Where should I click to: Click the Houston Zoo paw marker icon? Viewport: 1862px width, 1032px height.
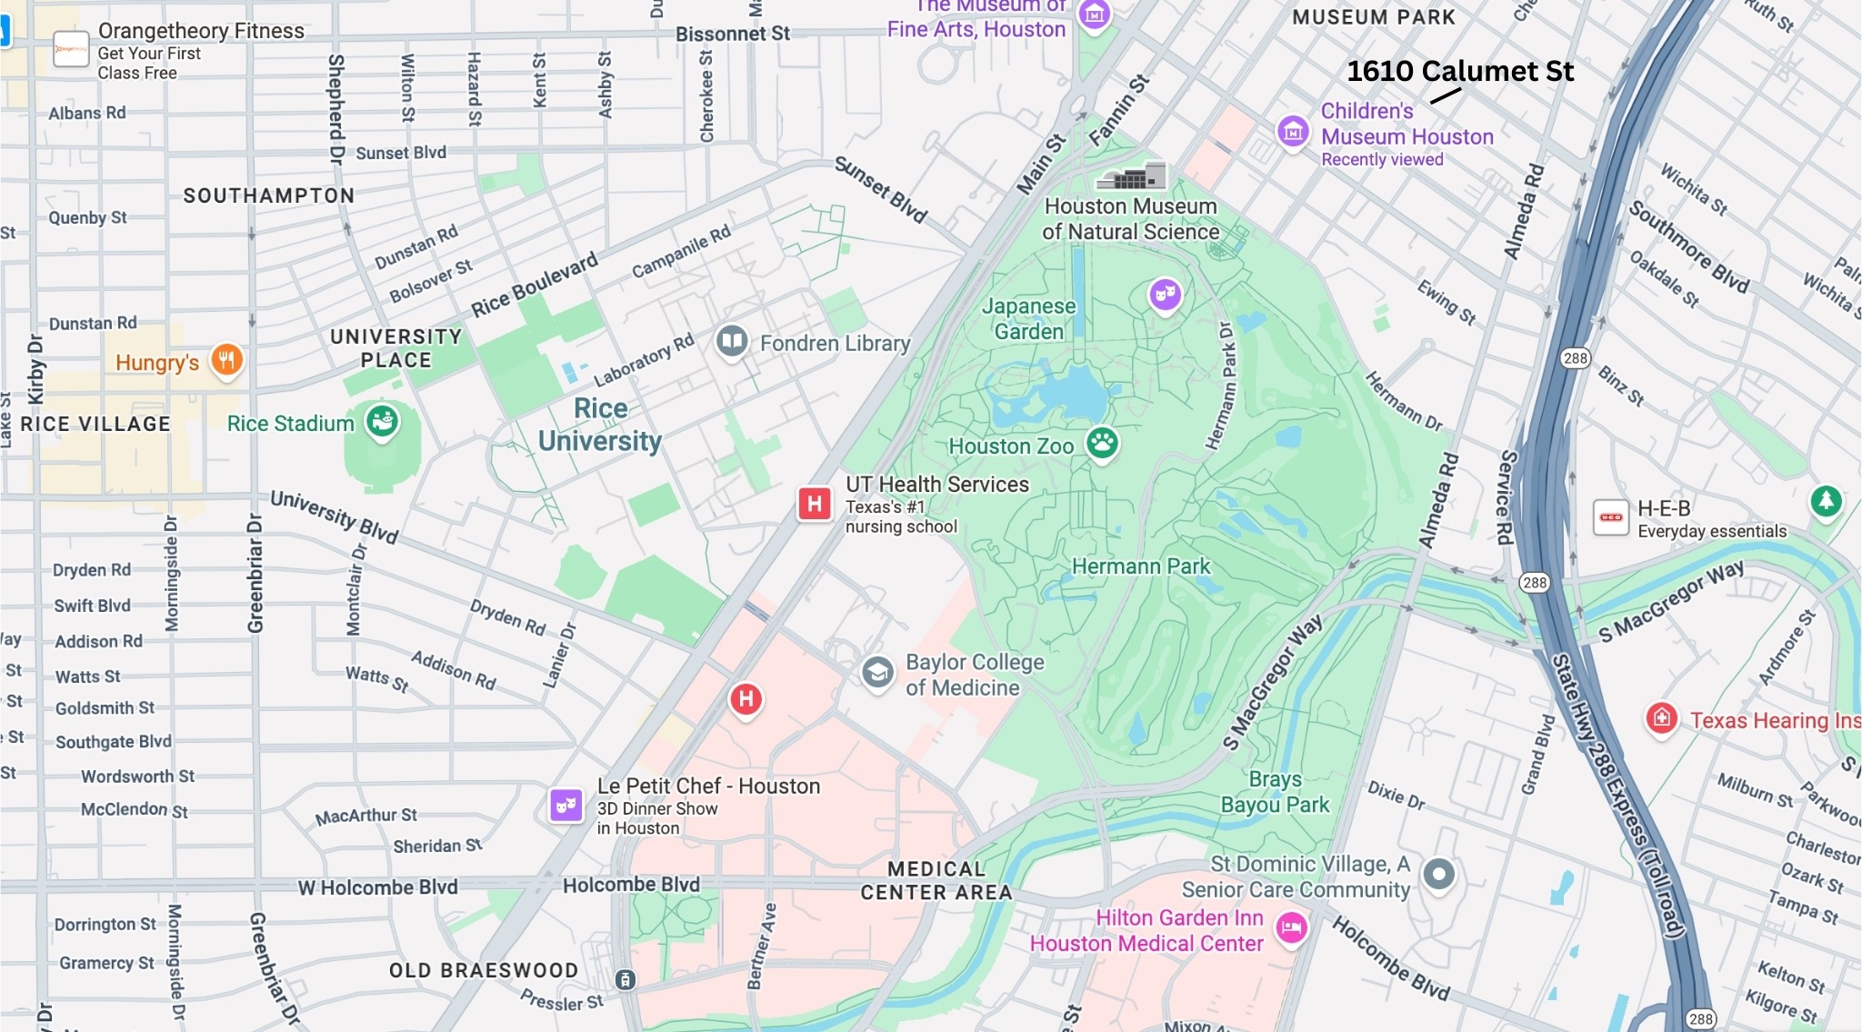coord(1102,444)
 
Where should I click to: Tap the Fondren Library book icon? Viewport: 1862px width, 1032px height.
coord(732,342)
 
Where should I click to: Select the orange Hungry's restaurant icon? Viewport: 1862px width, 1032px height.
coord(226,360)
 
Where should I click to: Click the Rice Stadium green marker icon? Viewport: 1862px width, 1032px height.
coord(383,421)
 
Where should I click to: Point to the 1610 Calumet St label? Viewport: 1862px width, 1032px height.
coord(1459,71)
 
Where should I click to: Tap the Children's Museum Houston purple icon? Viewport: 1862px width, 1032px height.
coord(1293,132)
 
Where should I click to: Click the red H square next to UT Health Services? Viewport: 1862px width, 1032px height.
coord(815,503)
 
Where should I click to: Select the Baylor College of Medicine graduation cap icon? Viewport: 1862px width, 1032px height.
coord(877,673)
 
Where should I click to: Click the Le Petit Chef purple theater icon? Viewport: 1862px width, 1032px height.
coord(566,805)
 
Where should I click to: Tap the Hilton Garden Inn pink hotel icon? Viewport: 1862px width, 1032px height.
coord(1291,928)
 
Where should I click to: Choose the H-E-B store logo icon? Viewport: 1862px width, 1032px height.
coord(1611,517)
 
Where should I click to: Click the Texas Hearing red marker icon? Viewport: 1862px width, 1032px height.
coord(1662,718)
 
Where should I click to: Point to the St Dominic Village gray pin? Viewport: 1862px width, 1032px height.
coord(1438,874)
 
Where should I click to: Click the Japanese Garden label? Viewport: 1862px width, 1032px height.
coord(1028,318)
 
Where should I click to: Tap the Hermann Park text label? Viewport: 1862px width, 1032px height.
coord(1140,566)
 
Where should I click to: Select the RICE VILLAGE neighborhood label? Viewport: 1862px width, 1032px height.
coord(95,424)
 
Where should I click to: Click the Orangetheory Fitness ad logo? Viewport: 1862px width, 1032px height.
coord(71,50)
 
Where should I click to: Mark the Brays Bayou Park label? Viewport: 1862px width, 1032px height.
coord(1275,792)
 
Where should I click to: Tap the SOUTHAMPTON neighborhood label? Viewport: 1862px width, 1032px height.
coord(269,195)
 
